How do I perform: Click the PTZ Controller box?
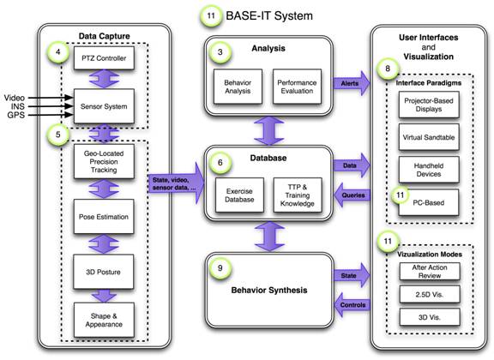pyautogui.click(x=104, y=58)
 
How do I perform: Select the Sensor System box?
pyautogui.click(x=104, y=106)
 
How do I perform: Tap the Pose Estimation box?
pyautogui.click(x=104, y=216)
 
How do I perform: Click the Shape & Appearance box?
pyautogui.click(x=104, y=320)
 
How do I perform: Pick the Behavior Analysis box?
pyautogui.click(x=238, y=87)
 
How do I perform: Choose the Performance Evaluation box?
pyautogui.click(x=297, y=87)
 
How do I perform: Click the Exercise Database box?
pyautogui.click(x=240, y=195)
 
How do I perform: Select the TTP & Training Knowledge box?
pyautogui.click(x=298, y=195)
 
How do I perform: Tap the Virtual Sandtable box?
pyautogui.click(x=429, y=137)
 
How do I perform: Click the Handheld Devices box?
pyautogui.click(x=429, y=170)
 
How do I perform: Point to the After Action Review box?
pyautogui.click(x=430, y=271)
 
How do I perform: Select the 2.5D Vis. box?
pyautogui.click(x=430, y=295)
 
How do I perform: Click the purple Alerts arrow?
pyautogui.click(x=352, y=83)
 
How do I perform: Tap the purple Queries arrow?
pyautogui.click(x=352, y=195)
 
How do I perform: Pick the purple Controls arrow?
pyautogui.click(x=352, y=305)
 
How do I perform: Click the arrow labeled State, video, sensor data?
pyautogui.click(x=177, y=183)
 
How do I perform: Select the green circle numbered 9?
pyautogui.click(x=220, y=268)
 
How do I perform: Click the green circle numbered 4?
pyautogui.click(x=58, y=51)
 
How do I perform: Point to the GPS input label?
pyautogui.click(x=15, y=115)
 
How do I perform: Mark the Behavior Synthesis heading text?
pyautogui.click(x=269, y=290)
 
